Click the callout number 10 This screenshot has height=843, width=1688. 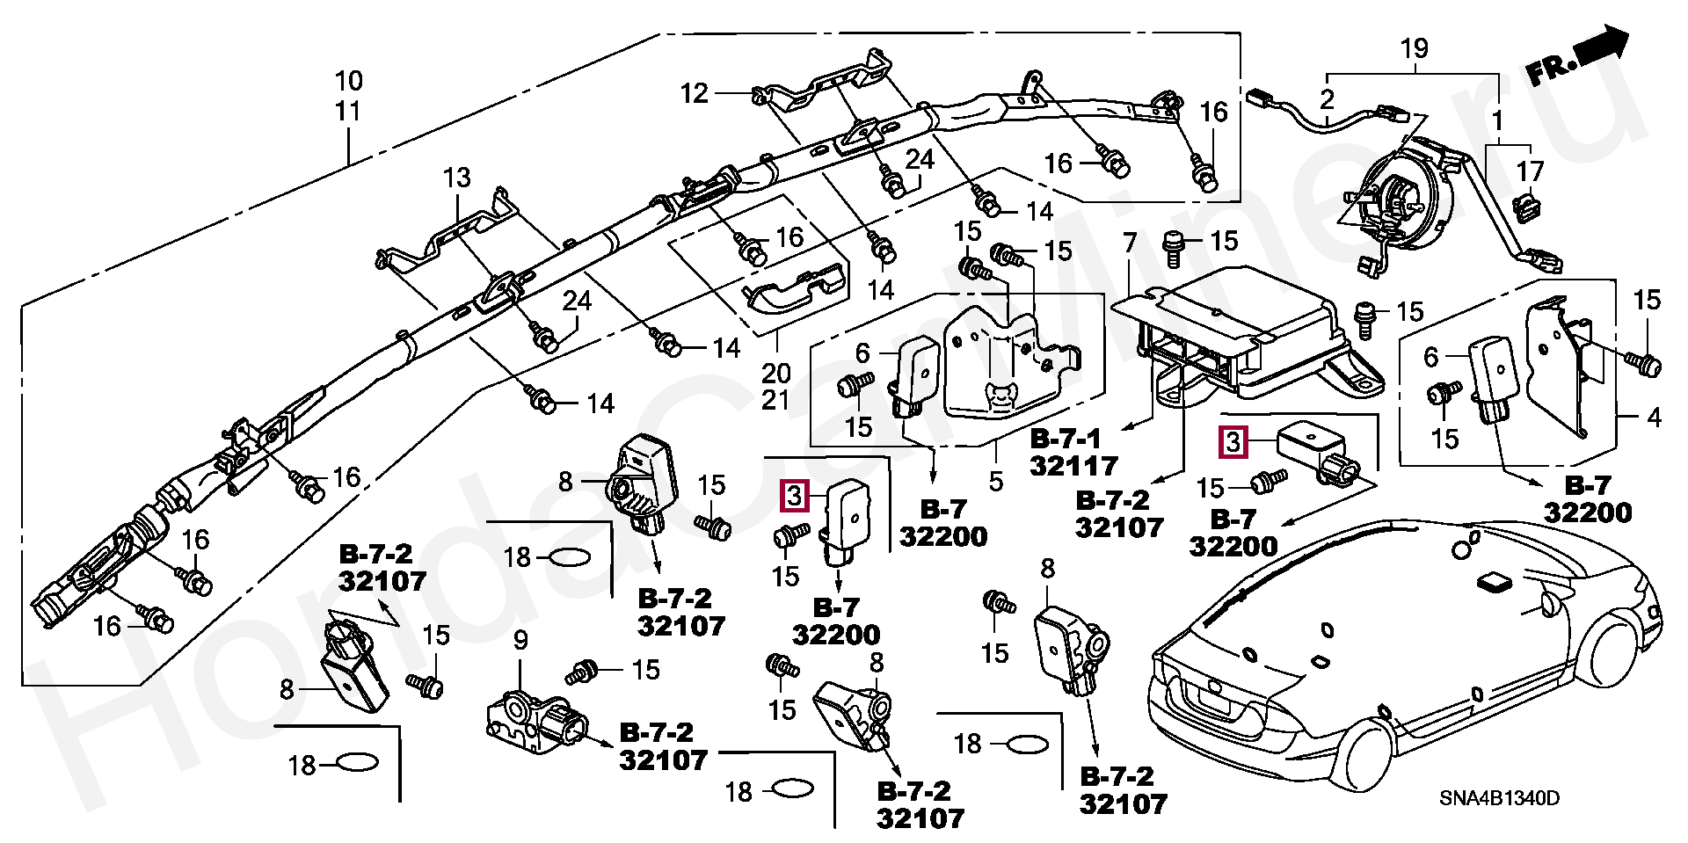(348, 82)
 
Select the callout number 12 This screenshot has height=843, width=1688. (695, 92)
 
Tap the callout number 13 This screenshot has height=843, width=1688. (457, 179)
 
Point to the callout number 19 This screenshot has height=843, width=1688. (1415, 49)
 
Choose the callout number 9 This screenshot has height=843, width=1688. (520, 640)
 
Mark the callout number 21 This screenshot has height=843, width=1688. (775, 400)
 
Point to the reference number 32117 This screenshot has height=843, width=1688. (1073, 465)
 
